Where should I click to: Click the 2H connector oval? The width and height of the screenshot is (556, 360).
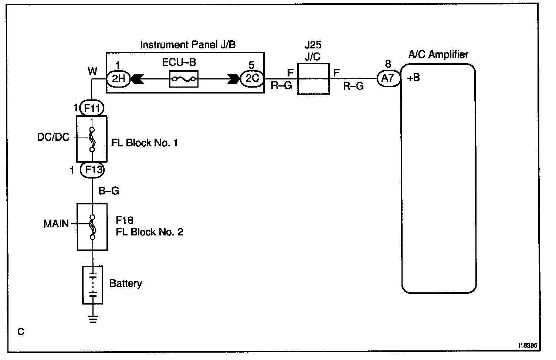tap(118, 79)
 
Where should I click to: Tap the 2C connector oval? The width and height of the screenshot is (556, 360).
tap(252, 79)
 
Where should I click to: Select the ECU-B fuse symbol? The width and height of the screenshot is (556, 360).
tap(184, 79)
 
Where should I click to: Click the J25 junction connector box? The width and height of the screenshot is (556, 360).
tap(313, 79)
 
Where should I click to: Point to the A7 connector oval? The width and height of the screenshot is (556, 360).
tap(389, 78)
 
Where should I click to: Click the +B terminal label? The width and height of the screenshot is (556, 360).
tap(414, 78)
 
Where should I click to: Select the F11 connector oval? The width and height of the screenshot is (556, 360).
tap(92, 108)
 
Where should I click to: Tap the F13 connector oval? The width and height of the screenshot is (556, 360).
tap(92, 170)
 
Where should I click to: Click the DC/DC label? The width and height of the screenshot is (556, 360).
tap(53, 137)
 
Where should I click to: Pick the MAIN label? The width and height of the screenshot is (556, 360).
tap(56, 224)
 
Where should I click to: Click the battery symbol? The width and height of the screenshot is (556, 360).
tap(92, 285)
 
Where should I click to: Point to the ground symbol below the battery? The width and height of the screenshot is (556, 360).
tap(93, 319)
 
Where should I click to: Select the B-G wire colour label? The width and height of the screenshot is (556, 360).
tap(109, 191)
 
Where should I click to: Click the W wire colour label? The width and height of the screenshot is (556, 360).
tap(92, 71)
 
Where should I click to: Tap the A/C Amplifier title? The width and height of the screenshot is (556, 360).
tap(438, 55)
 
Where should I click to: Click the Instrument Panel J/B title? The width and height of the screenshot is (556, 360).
tap(188, 45)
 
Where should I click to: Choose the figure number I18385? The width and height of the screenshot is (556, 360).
tap(528, 345)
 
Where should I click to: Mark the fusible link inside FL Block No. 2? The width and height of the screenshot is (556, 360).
tap(92, 227)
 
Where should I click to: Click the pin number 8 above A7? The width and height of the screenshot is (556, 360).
tap(388, 64)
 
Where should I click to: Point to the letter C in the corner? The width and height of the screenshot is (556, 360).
tap(21, 332)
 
